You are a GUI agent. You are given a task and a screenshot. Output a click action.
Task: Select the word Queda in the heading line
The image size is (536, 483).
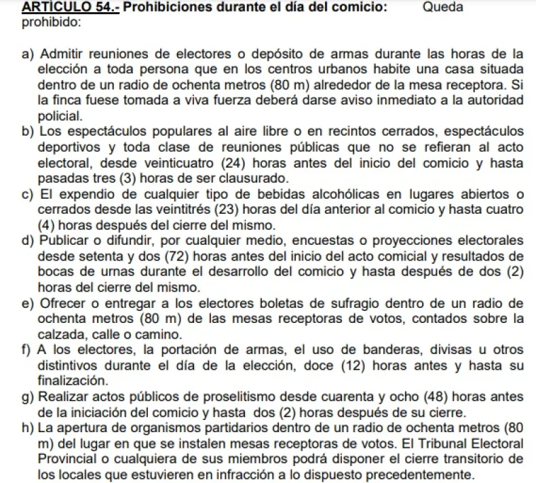click(442, 8)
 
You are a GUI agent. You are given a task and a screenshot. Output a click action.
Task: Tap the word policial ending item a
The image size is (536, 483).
click(61, 116)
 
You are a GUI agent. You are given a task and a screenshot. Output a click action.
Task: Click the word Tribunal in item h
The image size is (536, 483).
click(436, 443)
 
